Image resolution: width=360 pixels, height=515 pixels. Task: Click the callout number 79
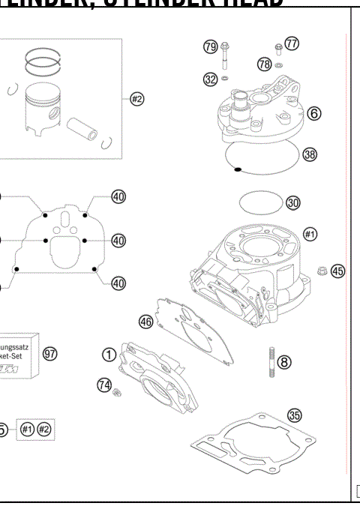coord(211,48)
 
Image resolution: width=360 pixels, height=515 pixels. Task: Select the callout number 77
coord(292,43)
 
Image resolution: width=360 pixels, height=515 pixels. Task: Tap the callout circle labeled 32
coord(211,79)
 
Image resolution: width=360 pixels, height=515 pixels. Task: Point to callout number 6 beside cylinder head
coord(313,114)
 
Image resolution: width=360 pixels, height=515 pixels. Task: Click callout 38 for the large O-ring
coord(310,154)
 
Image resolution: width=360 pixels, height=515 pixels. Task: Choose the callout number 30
coord(293,202)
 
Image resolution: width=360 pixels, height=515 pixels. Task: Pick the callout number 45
coord(337,271)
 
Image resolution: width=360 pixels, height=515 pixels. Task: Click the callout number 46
coord(146,321)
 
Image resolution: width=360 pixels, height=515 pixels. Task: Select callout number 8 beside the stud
coord(283,361)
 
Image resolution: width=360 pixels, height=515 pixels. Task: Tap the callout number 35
coord(295,414)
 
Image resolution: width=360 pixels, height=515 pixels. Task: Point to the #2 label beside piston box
coord(136,99)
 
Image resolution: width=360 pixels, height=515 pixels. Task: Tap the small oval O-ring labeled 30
coord(259,202)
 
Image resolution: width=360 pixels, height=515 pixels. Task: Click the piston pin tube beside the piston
coord(85,121)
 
